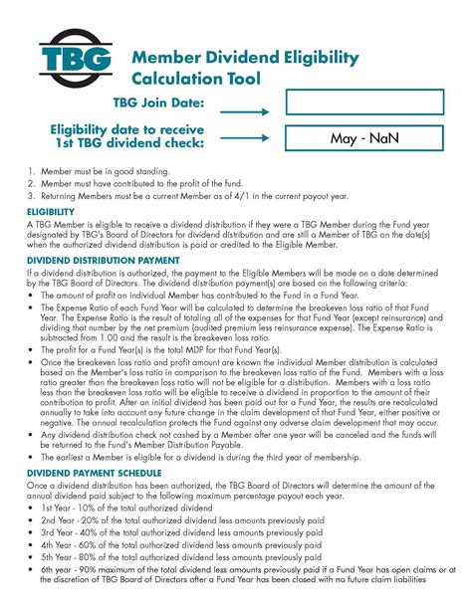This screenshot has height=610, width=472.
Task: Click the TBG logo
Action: tap(76, 63)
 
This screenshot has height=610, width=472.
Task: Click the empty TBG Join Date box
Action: tap(362, 102)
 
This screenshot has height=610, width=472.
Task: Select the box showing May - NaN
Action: tap(362, 139)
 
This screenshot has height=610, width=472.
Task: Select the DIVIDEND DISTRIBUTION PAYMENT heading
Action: tap(104, 260)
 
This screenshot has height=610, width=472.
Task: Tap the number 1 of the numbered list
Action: tap(32, 170)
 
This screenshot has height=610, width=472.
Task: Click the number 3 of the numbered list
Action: tap(32, 195)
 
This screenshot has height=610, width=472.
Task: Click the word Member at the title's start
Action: tap(166, 57)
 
